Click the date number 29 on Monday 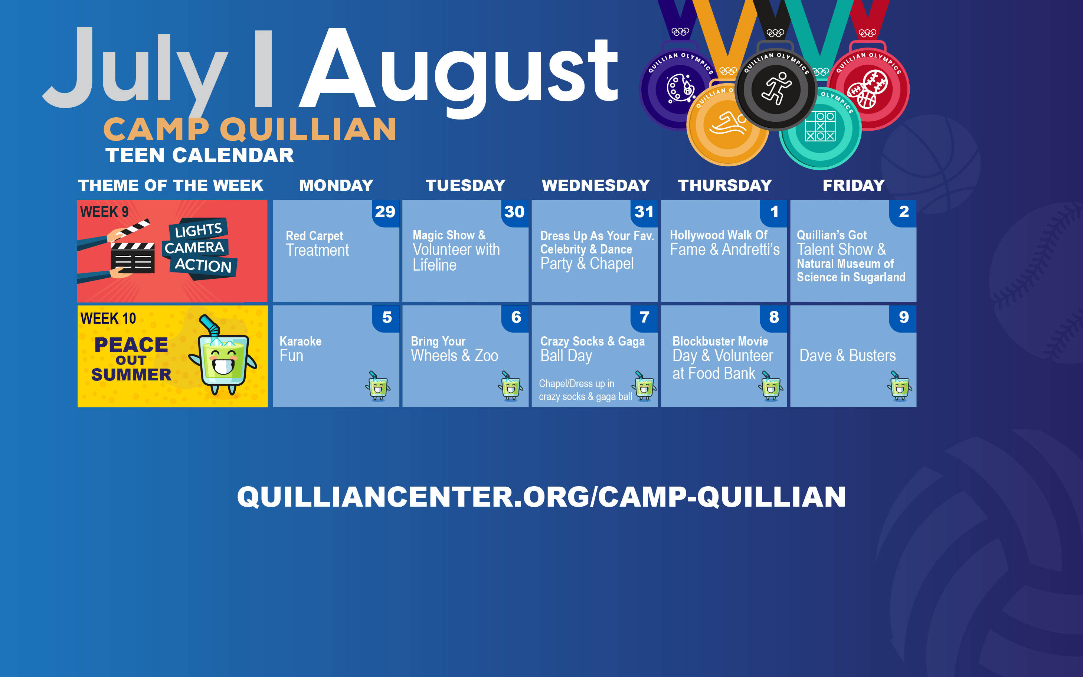coord(385,212)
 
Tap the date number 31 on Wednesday coord(644,212)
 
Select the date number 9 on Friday coord(903,317)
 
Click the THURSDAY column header coord(725,185)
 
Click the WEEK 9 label coord(104,212)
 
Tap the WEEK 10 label coord(108,318)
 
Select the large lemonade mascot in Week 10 coord(223,358)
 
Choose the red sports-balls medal coord(868,89)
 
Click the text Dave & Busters coord(847,356)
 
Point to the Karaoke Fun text coord(300,349)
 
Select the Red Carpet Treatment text coord(317,243)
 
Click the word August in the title coord(459,72)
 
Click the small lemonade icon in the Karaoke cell coord(378,386)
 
